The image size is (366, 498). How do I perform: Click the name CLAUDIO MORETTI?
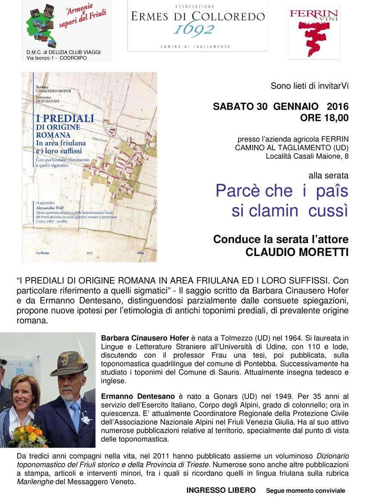tap(297, 252)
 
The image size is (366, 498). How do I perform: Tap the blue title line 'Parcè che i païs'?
tap(282, 190)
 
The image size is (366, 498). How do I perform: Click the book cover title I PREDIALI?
tap(65, 118)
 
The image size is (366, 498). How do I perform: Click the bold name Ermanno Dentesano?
tap(138, 396)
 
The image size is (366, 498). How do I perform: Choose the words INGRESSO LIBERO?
tap(221, 490)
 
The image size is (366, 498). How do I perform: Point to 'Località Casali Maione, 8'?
tap(307, 156)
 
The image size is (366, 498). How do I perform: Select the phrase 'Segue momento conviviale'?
tap(305, 491)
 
